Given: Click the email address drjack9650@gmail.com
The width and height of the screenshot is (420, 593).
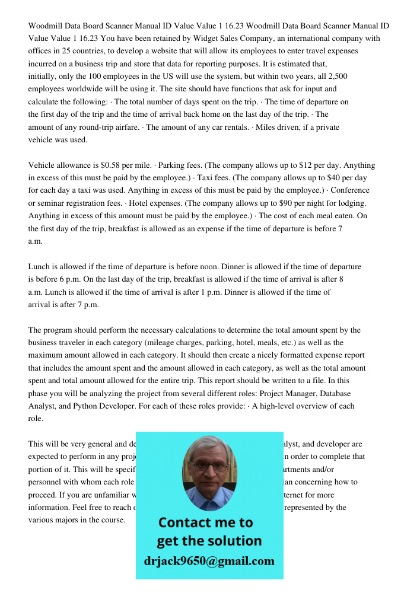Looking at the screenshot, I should coord(209,561).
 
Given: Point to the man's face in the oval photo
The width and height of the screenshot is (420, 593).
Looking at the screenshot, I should coord(209,468).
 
